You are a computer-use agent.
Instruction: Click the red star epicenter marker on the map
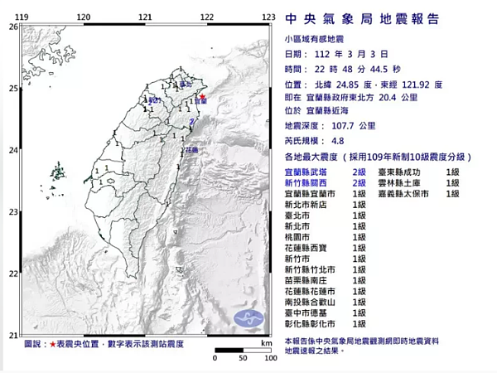tap(202, 99)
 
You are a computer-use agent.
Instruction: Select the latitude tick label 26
tap(12, 27)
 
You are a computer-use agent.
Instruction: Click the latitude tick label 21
tap(12, 335)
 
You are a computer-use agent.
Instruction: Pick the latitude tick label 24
tap(12, 150)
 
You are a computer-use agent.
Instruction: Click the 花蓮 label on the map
tap(192, 150)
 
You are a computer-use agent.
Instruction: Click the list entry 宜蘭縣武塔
tap(305, 171)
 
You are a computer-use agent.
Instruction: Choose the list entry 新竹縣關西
tap(305, 182)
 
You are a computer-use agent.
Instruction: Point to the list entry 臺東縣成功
tap(403, 171)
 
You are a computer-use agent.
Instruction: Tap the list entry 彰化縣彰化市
tap(310, 324)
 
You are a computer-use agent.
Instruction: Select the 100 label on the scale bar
tap(270, 359)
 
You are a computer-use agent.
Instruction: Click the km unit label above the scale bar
tap(265, 342)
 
